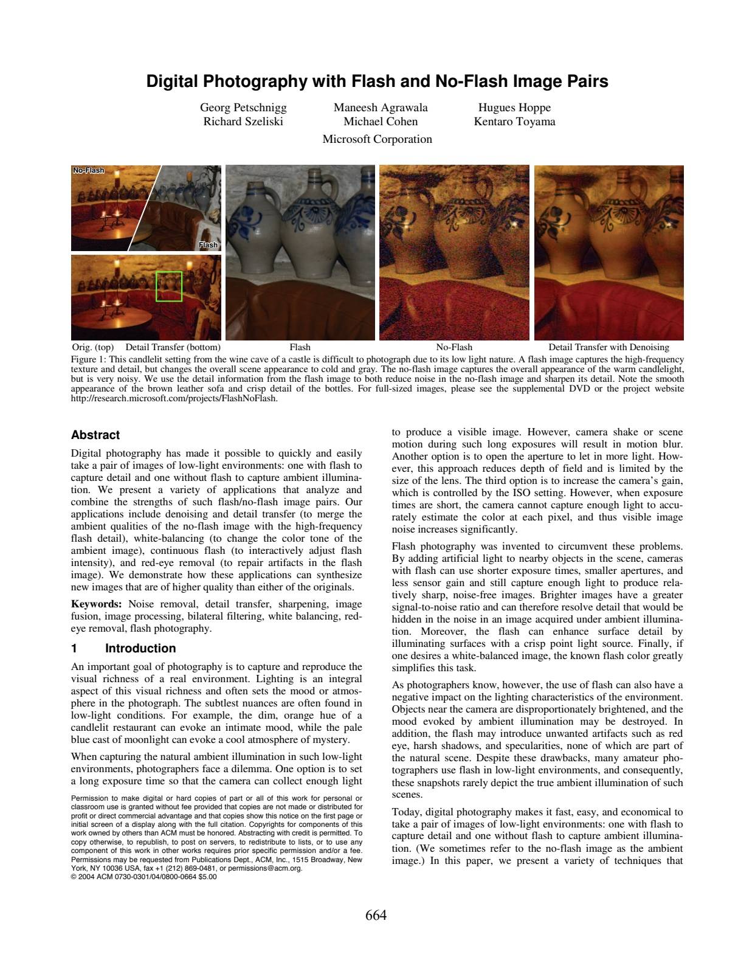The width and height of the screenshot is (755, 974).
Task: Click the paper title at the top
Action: (x=377, y=81)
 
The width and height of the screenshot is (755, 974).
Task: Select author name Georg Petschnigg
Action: (x=243, y=108)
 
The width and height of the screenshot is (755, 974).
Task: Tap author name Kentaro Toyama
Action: (x=514, y=121)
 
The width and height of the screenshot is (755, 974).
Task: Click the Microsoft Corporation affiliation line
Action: (x=377, y=139)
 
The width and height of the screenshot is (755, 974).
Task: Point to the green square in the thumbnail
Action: (x=169, y=286)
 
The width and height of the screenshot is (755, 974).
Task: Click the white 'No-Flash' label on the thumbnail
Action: (x=89, y=170)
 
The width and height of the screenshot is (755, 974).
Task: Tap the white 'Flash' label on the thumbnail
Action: (x=208, y=245)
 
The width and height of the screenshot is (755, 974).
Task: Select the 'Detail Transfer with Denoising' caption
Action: (x=608, y=347)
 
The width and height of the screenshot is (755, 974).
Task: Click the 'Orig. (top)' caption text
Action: (x=93, y=347)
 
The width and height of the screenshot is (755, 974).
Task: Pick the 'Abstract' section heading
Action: (x=95, y=435)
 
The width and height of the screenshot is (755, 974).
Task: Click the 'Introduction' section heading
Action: (x=140, y=648)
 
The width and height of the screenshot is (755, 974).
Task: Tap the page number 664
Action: (x=376, y=915)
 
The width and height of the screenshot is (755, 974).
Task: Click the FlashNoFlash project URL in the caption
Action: (x=174, y=398)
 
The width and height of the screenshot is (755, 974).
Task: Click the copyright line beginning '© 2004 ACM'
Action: (x=143, y=876)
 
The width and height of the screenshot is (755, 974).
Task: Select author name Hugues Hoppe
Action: (x=514, y=108)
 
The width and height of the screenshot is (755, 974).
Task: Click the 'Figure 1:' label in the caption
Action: (x=89, y=359)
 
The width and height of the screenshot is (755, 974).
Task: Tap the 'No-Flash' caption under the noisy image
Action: (x=454, y=347)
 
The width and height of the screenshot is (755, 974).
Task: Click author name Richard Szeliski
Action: (x=243, y=121)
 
